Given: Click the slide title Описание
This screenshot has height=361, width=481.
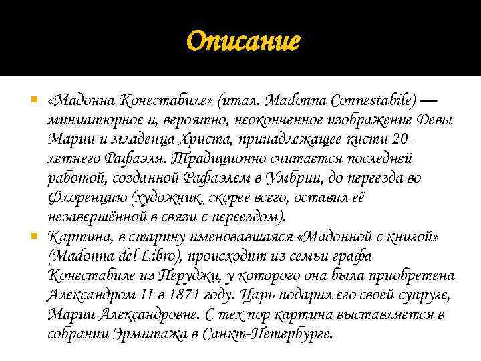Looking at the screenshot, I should (244, 42).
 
